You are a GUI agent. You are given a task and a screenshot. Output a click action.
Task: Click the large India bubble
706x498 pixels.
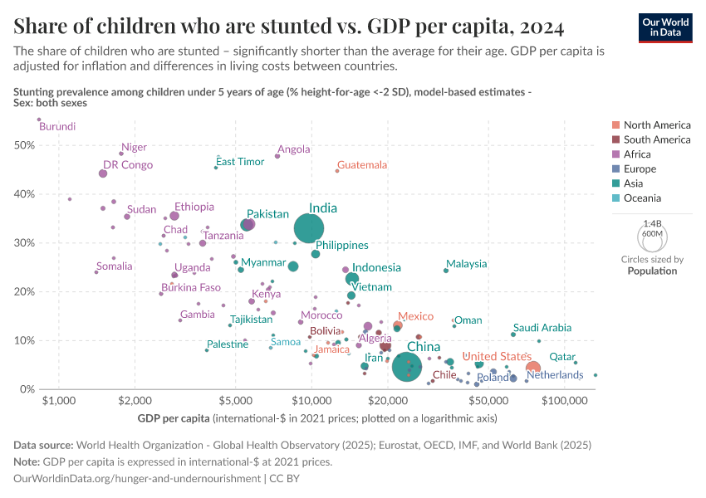[309, 227]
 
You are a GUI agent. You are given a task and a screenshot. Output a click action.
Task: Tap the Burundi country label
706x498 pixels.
[57, 127]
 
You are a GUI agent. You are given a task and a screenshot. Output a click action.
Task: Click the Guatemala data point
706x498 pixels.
[337, 171]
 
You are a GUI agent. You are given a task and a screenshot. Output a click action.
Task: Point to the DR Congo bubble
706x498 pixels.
[103, 173]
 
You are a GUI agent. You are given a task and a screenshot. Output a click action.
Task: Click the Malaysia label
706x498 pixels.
[466, 264]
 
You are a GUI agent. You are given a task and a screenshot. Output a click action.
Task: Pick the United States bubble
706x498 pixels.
[533, 368]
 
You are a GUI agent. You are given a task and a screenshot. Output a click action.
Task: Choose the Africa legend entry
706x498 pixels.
[637, 154]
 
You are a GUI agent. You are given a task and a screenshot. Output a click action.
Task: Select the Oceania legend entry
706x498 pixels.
[642, 198]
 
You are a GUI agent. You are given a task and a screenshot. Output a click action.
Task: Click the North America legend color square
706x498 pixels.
[615, 125]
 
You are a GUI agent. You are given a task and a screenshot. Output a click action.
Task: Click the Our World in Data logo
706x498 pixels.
[666, 27]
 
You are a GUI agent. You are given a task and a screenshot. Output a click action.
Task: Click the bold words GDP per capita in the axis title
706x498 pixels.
[174, 417]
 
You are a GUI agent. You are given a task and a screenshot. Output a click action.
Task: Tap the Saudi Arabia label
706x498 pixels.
[542, 328]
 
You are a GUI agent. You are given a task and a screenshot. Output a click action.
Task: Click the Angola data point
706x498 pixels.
[277, 156]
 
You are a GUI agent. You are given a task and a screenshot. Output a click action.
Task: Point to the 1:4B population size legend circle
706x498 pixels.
[653, 237]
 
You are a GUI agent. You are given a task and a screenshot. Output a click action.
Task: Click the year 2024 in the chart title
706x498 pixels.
[539, 27]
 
